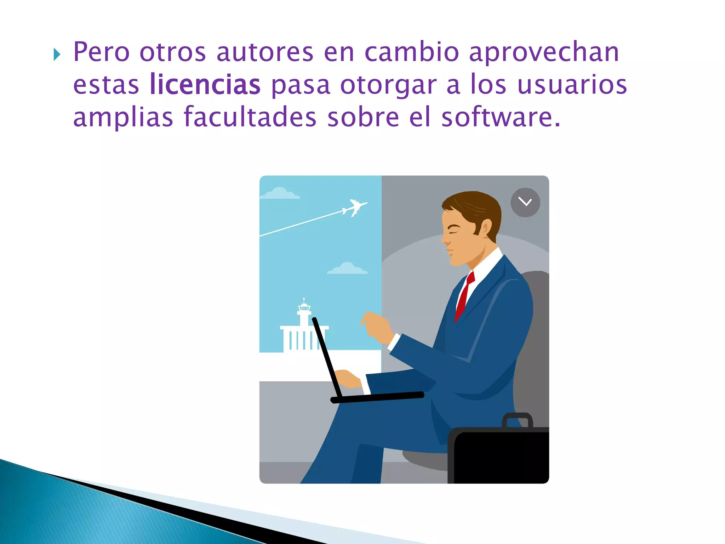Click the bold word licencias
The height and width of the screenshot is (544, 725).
pos(205,84)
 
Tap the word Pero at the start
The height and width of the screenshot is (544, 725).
pos(101,52)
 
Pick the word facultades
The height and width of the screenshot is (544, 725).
pos(250,117)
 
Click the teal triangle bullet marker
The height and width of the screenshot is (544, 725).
pos(57,55)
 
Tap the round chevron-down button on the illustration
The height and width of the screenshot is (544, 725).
pos(525,202)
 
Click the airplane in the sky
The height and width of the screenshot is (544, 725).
pos(354,208)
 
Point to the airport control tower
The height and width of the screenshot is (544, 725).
pos(304,312)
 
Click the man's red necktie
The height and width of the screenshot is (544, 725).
pos(464,296)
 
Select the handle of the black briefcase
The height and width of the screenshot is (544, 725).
pos(517,419)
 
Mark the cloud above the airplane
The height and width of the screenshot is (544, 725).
pos(280,193)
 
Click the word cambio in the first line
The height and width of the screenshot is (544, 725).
pos(412,52)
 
